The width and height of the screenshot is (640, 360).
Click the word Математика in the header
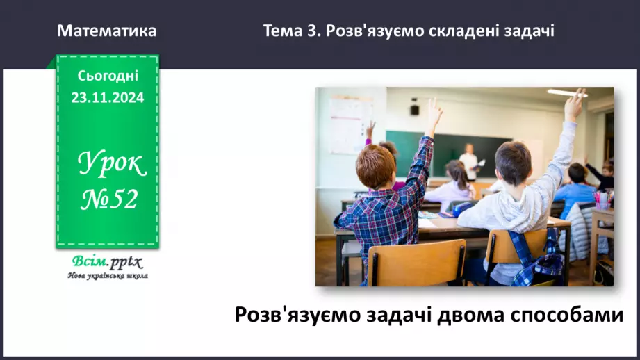(x=107, y=31)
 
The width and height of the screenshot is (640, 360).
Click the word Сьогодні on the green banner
(x=108, y=76)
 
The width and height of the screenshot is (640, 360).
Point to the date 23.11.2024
(x=108, y=98)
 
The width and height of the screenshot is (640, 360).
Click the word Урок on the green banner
(x=112, y=164)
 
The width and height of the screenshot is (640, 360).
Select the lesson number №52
(x=109, y=201)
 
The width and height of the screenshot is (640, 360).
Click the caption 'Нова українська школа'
(x=107, y=275)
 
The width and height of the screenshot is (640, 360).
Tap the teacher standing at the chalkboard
(x=470, y=162)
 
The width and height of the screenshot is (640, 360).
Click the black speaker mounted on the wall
(x=414, y=109)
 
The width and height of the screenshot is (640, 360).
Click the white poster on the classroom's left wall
(x=351, y=115)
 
